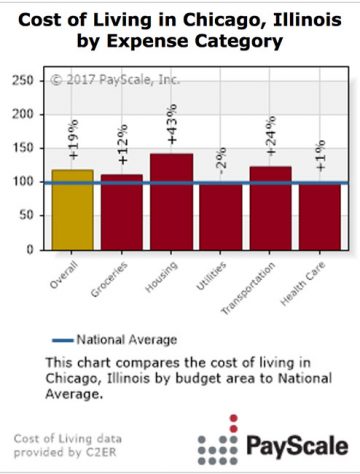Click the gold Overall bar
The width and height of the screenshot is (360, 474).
(x=72, y=210)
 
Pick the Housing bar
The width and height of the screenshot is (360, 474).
(x=171, y=200)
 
